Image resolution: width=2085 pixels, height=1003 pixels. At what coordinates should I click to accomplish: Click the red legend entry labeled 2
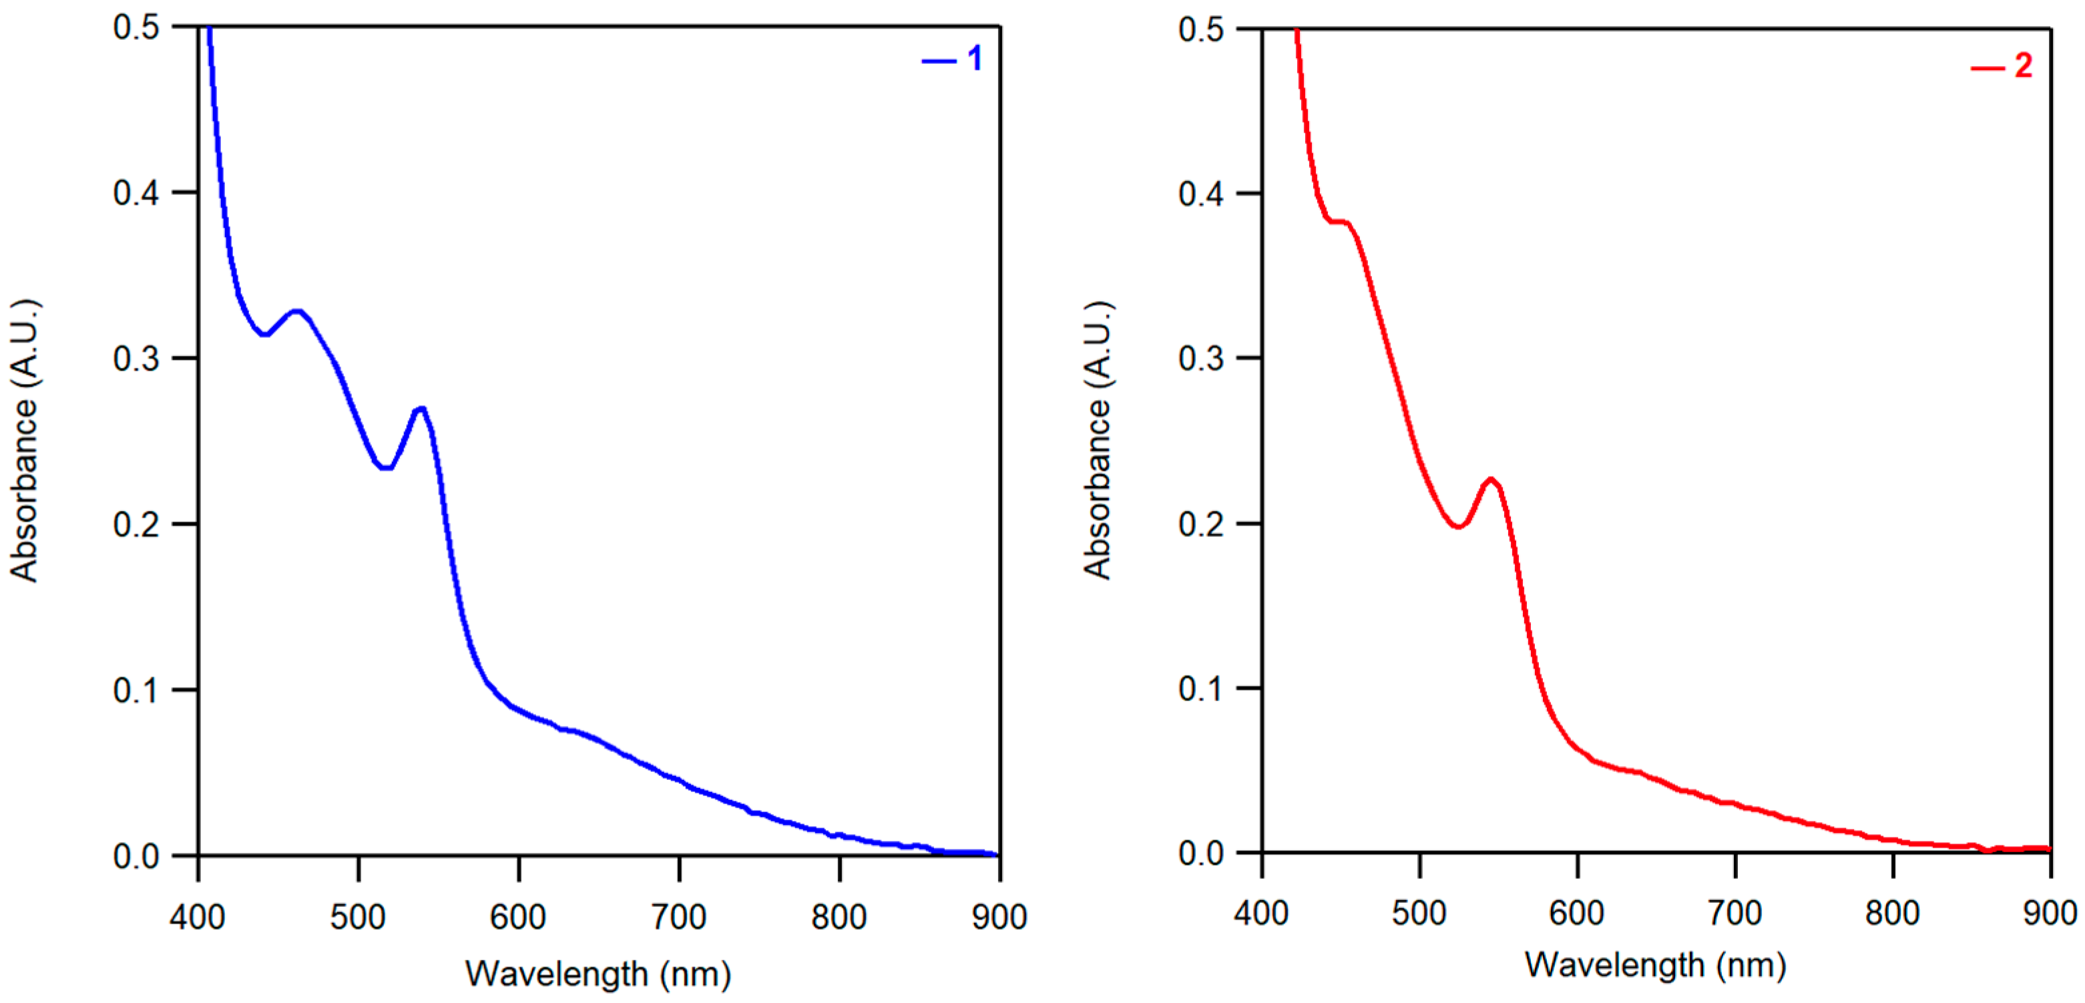coord(2001,66)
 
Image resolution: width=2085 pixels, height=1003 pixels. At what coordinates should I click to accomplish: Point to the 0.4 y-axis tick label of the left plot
coord(136,193)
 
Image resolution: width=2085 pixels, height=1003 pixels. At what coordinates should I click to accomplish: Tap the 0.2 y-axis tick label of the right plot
coord(1201,524)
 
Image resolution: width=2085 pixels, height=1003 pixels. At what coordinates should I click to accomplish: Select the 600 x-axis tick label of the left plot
coord(518,917)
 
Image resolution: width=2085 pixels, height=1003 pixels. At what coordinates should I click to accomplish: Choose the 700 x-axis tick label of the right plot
coord(1734,913)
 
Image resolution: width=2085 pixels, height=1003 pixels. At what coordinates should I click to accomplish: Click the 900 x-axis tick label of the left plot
coord(999,917)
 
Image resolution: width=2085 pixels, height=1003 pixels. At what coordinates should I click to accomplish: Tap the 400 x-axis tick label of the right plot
coord(1261,913)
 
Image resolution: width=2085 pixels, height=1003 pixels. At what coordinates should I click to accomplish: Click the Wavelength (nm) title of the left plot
coord(598,974)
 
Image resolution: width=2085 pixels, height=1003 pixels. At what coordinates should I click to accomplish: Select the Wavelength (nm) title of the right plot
coord(1656,965)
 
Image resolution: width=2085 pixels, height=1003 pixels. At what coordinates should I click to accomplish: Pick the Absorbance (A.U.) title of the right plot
coord(1099,441)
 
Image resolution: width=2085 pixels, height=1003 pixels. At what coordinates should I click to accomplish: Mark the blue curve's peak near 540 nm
coord(420,409)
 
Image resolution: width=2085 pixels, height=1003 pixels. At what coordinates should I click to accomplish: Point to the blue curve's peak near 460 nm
coord(297,311)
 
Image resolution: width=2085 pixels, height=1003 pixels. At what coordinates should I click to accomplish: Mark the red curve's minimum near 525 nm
coord(1457,526)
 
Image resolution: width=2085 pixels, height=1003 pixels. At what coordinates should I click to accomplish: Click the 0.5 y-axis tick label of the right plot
coord(1201,30)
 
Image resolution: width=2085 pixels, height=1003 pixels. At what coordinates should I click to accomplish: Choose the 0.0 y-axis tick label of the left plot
coord(136,855)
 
